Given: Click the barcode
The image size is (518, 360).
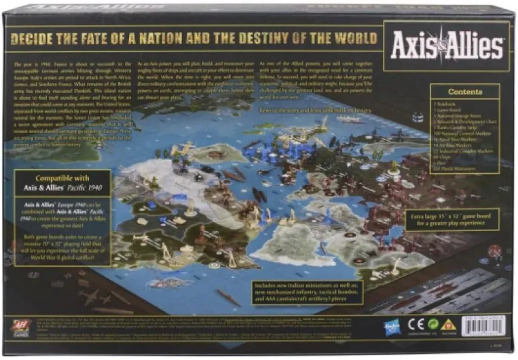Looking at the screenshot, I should coord(484,325).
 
